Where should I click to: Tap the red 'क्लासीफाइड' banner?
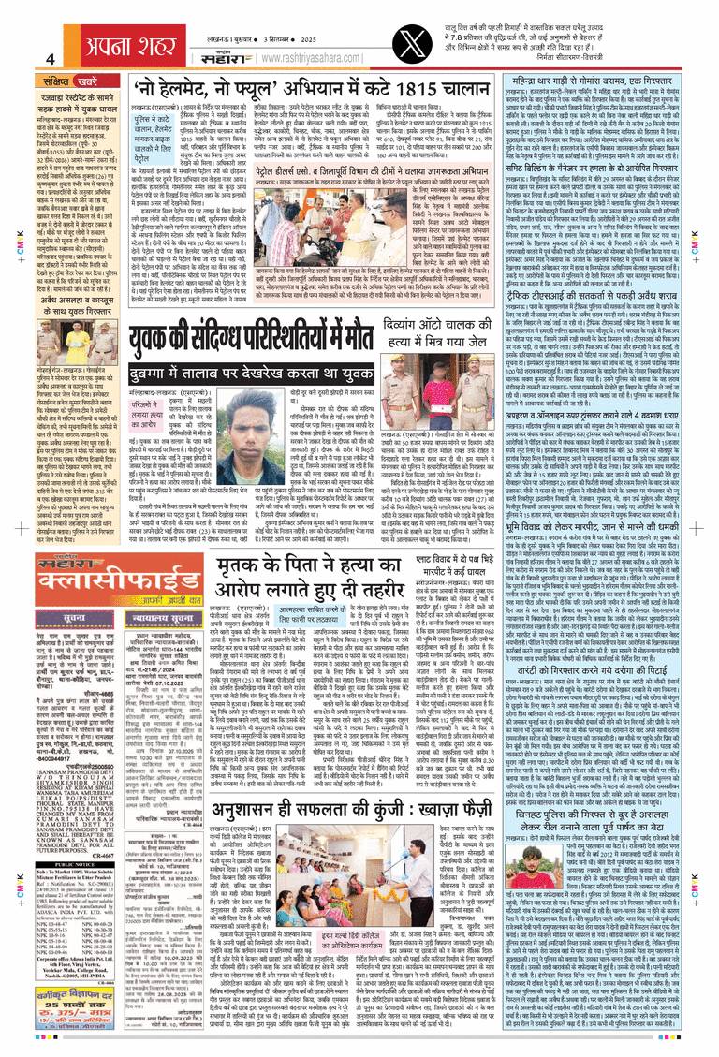click(78, 573)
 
